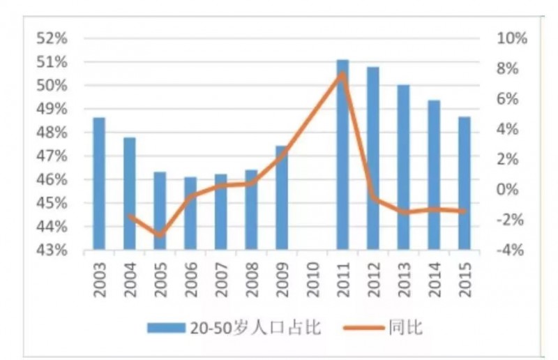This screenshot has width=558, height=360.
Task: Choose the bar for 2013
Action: click(x=403, y=167)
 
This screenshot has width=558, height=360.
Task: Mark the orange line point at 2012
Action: click(x=373, y=199)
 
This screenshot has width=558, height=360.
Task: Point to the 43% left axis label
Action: click(x=52, y=250)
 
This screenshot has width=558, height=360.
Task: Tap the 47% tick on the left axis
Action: click(x=52, y=156)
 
